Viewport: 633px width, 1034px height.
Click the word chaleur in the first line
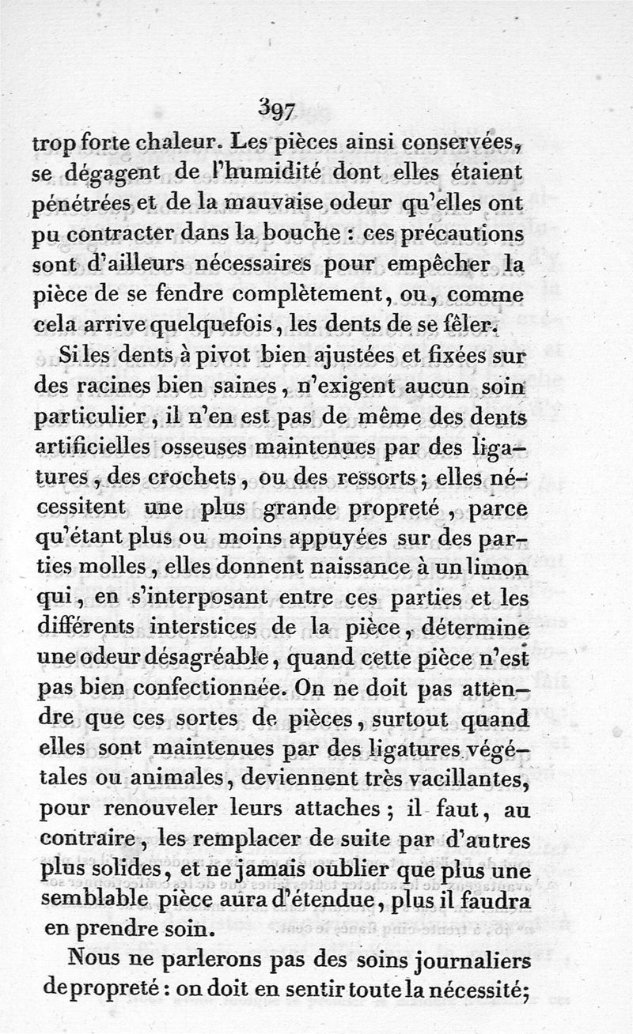tap(176, 145)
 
